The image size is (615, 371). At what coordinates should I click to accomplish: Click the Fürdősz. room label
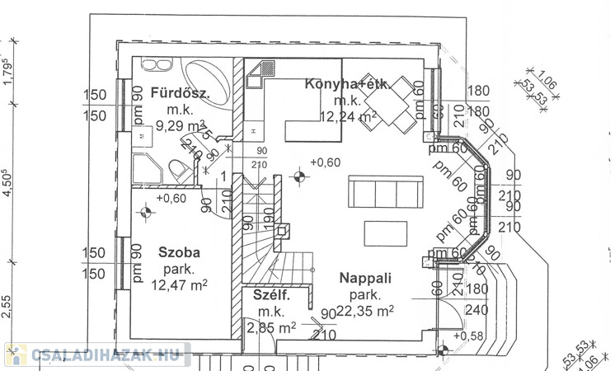point(181,93)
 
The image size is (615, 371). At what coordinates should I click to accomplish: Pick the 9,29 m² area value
point(183,126)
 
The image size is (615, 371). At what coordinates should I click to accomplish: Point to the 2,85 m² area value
point(271,327)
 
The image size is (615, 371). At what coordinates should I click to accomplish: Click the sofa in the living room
point(382,191)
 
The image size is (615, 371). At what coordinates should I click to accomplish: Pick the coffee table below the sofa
point(386,233)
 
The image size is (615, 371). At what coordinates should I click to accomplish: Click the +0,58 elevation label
point(471,336)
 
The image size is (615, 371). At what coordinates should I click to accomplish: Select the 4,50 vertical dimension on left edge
point(9,181)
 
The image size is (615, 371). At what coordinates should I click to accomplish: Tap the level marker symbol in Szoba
point(146,212)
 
